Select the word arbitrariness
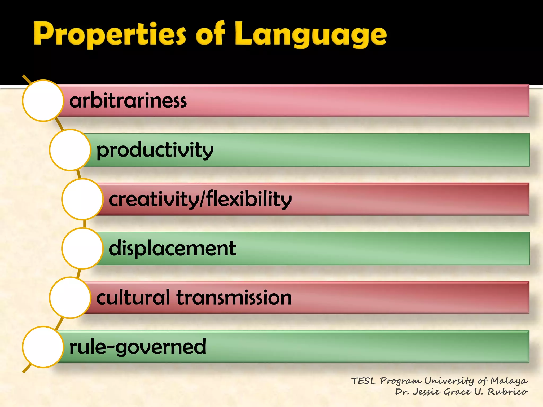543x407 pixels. pos(128,101)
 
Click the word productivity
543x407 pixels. pos(155,150)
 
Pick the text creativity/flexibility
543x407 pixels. pos(200,199)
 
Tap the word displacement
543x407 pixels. pos(172,248)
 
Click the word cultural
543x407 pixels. pos(133,298)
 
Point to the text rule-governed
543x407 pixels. pos(138,347)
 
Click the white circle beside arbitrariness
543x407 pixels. pos(43,101)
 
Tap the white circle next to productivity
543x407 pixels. pos(70,150)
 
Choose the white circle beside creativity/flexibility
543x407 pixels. pos(82,199)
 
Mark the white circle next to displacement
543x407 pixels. pos(82,248)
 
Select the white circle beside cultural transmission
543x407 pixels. pos(70,298)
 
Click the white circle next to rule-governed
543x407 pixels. pos(43,347)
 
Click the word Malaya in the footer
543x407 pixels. pos(509,381)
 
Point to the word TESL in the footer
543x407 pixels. pos(364,381)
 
